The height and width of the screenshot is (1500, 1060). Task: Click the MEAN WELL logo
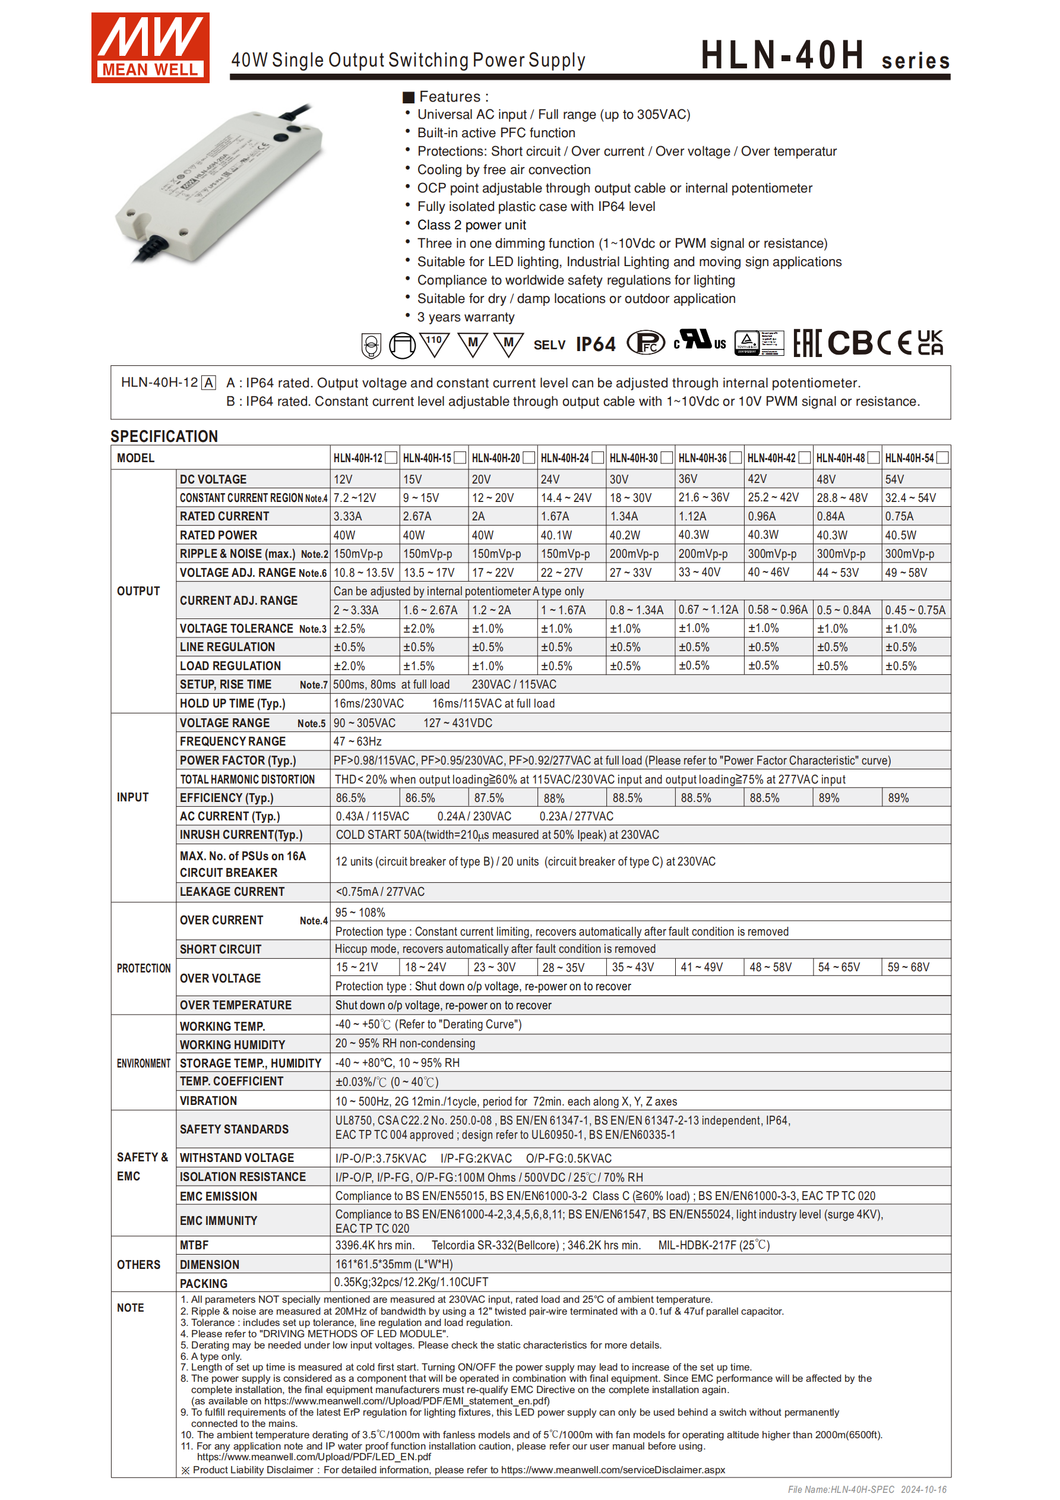[150, 48]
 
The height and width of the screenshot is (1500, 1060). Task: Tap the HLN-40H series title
[824, 55]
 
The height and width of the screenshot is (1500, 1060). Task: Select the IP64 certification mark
[595, 345]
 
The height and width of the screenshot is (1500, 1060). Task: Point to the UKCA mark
[929, 343]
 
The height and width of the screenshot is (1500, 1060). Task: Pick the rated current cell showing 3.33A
[348, 516]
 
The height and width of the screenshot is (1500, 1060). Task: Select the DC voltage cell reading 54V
[895, 479]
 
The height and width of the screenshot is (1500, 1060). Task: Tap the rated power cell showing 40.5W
[901, 535]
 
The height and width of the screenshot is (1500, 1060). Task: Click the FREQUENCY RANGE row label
[233, 741]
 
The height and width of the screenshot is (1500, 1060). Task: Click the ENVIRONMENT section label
[143, 1063]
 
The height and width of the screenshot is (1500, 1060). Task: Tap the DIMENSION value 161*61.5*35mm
[394, 1264]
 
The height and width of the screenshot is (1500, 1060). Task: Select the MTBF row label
[194, 1245]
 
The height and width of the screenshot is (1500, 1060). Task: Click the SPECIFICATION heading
[164, 437]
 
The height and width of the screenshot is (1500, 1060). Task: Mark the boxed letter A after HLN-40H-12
[208, 383]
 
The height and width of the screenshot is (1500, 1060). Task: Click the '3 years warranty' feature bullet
[466, 317]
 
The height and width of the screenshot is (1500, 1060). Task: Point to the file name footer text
[866, 1489]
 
